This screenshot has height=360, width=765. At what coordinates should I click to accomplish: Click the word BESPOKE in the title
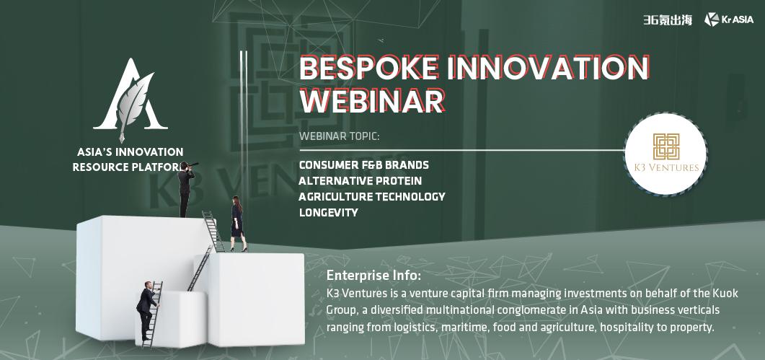coord(369,69)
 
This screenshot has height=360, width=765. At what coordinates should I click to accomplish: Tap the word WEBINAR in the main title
coord(372,101)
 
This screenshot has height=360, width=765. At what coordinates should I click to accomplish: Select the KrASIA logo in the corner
coord(728,19)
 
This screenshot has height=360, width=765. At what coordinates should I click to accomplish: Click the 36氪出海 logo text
coord(668,20)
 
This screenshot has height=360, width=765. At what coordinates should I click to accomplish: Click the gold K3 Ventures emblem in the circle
coord(666,146)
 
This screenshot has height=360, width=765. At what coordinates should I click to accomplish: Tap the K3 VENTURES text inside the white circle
coord(666,167)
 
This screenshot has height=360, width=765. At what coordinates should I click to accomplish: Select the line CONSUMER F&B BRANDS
coord(364,164)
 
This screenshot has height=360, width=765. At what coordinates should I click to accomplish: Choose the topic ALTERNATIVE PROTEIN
coord(360,181)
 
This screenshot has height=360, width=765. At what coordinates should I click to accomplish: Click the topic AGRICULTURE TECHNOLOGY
coord(372,196)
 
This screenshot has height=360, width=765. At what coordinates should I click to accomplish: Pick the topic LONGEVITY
coord(328,213)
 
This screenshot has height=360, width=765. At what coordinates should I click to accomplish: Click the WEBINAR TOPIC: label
coord(339,136)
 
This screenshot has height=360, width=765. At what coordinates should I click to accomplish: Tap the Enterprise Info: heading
coord(373,276)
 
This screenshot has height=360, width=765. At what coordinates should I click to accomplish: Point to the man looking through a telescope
coord(186,188)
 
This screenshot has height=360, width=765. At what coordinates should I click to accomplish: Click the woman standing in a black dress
coord(238,223)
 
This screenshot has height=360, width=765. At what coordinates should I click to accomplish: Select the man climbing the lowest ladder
coord(147,311)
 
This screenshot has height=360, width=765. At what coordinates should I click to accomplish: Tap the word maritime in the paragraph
coord(460,328)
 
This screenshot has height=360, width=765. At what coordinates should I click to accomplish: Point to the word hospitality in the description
coord(625,328)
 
